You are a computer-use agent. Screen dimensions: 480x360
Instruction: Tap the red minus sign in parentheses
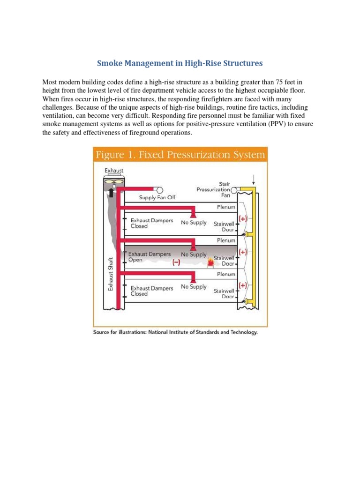point(176,263)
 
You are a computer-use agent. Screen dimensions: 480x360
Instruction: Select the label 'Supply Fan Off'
point(160,197)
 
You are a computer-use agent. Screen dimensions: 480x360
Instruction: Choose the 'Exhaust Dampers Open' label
point(150,257)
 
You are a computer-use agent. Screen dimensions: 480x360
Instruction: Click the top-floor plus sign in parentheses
point(243,218)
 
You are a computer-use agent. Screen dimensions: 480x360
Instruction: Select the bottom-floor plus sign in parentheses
point(243,285)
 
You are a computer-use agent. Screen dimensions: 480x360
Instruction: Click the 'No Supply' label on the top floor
point(194,222)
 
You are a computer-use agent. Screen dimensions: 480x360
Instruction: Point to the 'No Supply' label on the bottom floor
point(194,287)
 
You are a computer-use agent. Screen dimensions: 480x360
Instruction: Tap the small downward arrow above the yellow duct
point(254,177)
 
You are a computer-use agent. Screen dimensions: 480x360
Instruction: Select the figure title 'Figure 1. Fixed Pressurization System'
point(180,155)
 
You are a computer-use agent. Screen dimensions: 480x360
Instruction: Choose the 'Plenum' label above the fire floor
point(226,240)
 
